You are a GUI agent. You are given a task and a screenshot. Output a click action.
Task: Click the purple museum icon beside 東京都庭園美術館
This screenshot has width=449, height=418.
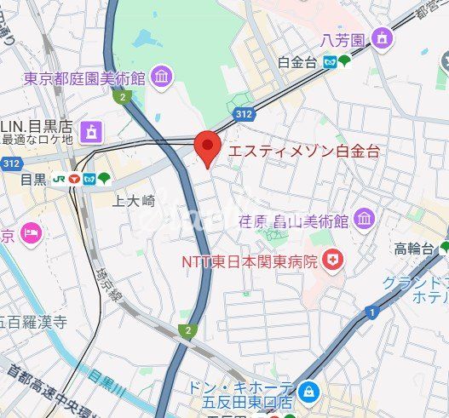[x=160, y=78]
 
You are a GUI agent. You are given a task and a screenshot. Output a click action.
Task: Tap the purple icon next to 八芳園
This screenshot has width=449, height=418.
[x=383, y=39]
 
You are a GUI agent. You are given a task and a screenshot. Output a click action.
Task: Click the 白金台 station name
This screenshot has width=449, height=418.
[x=296, y=61]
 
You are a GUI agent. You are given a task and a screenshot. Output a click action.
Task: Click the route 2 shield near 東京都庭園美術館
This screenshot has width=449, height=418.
[x=124, y=97]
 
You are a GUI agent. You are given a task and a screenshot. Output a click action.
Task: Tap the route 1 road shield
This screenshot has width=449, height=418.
[x=372, y=313]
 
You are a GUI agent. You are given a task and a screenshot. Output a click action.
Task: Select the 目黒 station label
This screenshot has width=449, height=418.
[x=34, y=180]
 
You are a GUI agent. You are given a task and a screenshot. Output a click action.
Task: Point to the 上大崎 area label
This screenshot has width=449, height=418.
[x=135, y=201]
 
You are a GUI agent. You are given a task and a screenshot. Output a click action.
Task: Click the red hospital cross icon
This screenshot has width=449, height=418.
[x=331, y=261]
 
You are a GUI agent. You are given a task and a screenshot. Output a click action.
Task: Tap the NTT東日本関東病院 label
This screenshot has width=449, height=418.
[x=248, y=261]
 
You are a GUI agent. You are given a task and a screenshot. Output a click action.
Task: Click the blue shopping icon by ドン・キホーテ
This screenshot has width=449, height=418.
[x=310, y=392]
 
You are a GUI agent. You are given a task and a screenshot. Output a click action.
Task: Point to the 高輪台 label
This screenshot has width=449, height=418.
[x=414, y=249]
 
